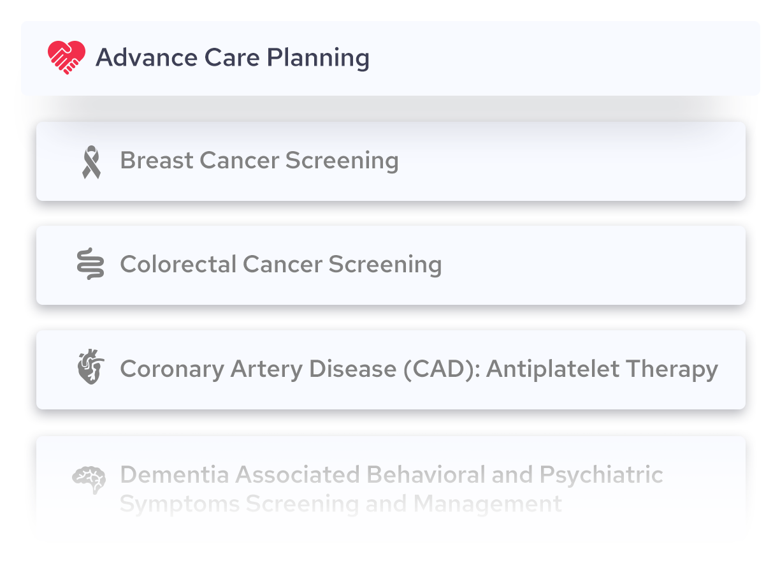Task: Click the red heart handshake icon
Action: (x=66, y=57)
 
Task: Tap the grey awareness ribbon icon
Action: (x=92, y=162)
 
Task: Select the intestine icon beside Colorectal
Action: (x=90, y=264)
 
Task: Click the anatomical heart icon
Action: (x=90, y=367)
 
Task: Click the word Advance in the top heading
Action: (x=147, y=57)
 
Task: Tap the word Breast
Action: (x=157, y=160)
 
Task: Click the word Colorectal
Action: (x=178, y=264)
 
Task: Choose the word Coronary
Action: (x=172, y=369)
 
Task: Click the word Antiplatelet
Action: (x=553, y=369)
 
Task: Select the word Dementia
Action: (x=175, y=474)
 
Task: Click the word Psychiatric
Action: (x=602, y=476)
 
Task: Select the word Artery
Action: (x=267, y=369)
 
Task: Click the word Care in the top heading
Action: (x=232, y=57)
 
